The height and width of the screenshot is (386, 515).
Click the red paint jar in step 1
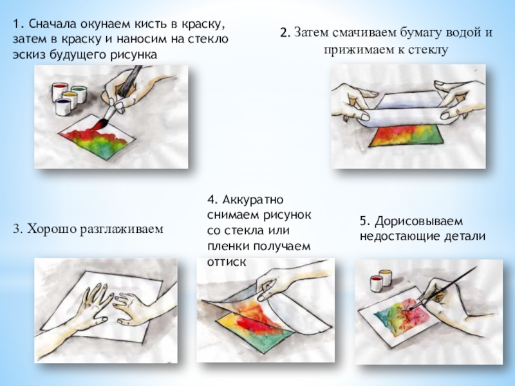coord(60,91)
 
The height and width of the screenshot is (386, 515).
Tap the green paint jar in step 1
coord(79,94)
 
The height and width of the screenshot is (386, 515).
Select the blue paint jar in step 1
coord(63,106)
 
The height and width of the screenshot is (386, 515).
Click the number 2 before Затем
coord(285,33)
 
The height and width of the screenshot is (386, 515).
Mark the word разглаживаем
coord(122,229)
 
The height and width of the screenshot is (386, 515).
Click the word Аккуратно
coord(252,199)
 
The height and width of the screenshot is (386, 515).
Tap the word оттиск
coord(227,262)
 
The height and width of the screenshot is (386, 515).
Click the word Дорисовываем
coord(419,221)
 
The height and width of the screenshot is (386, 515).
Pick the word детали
coord(465,236)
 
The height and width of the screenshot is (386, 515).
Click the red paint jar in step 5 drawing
coord(376,283)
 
